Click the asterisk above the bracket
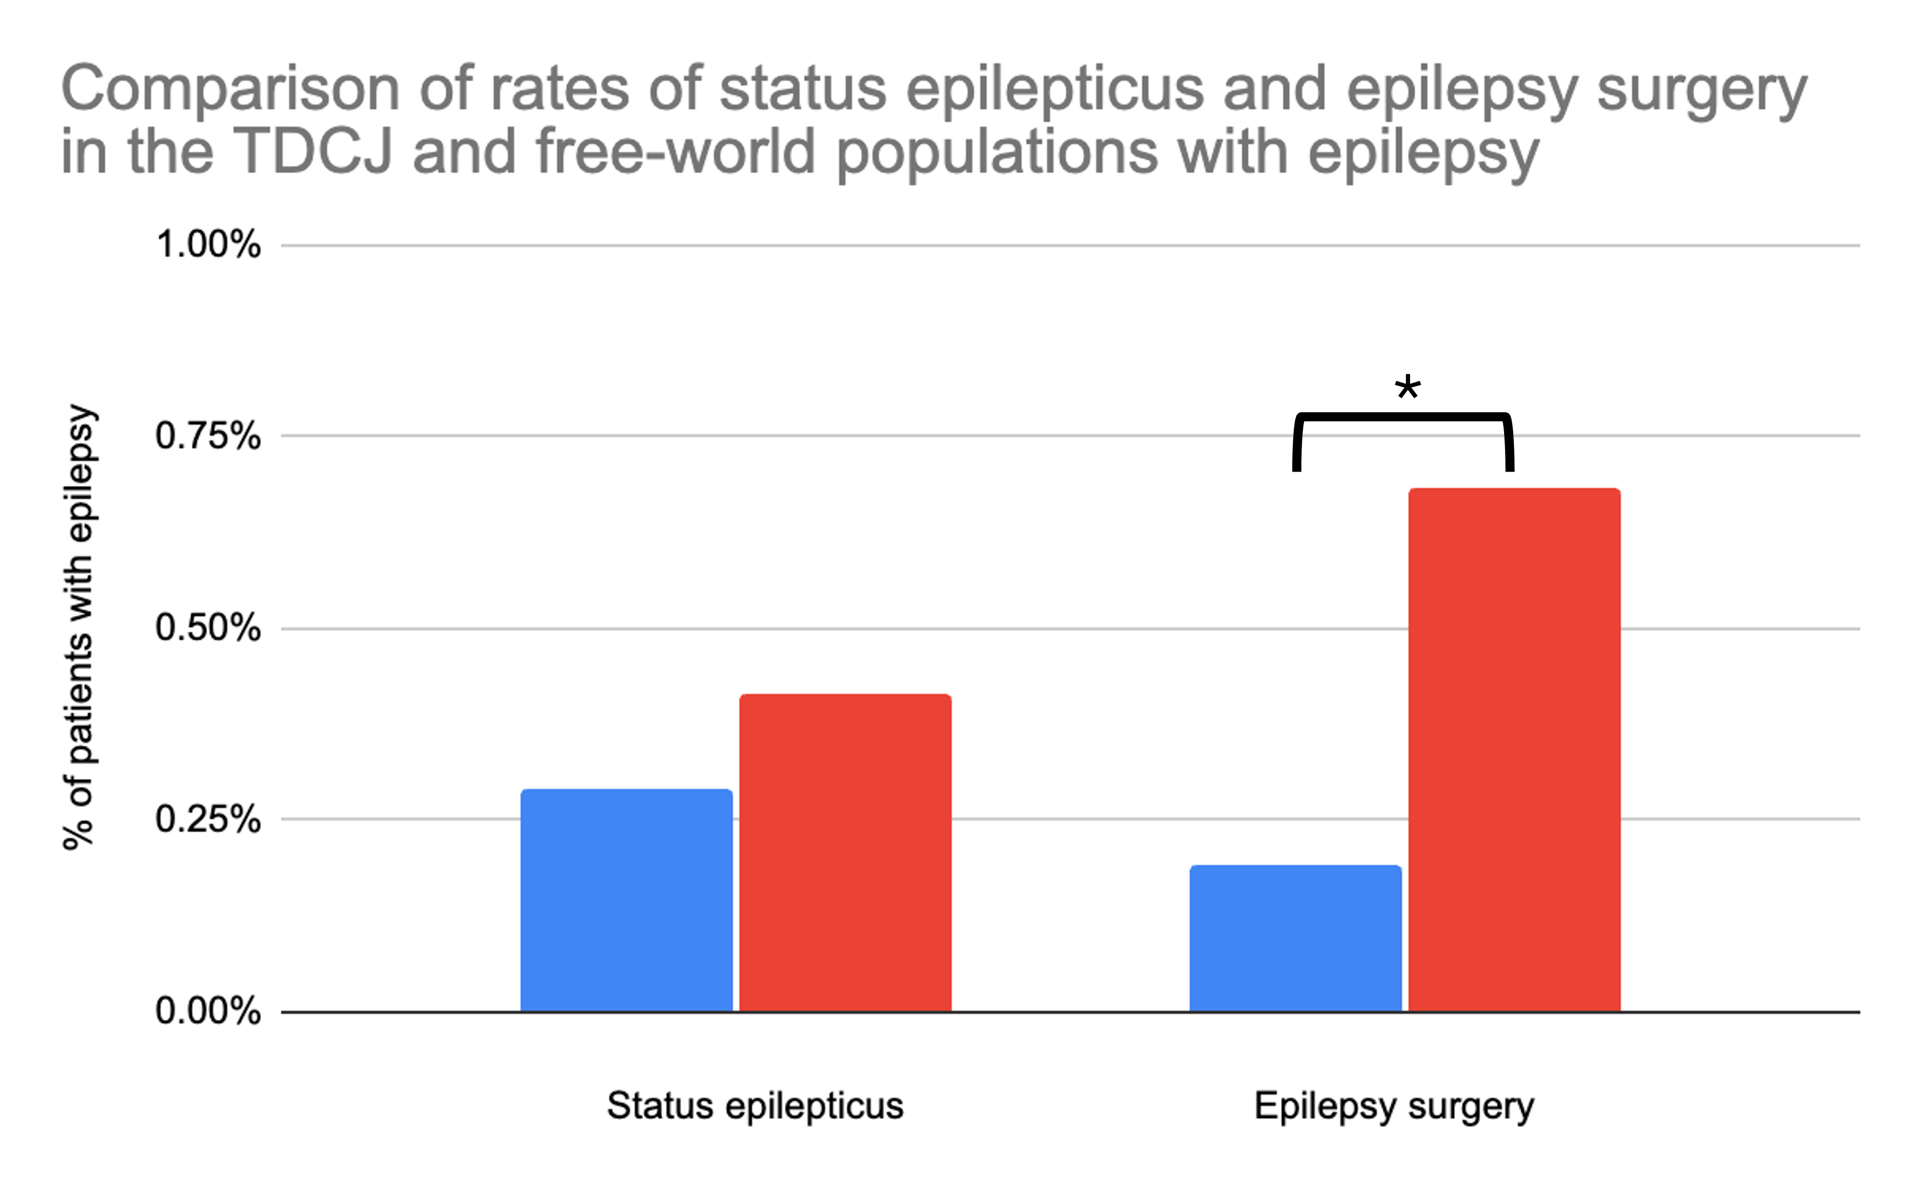1408,388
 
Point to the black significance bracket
1402,417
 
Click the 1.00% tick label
208,245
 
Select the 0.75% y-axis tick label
208,436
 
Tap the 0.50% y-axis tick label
208,628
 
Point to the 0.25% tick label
208,820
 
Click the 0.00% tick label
208,1011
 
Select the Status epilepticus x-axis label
755,1106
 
